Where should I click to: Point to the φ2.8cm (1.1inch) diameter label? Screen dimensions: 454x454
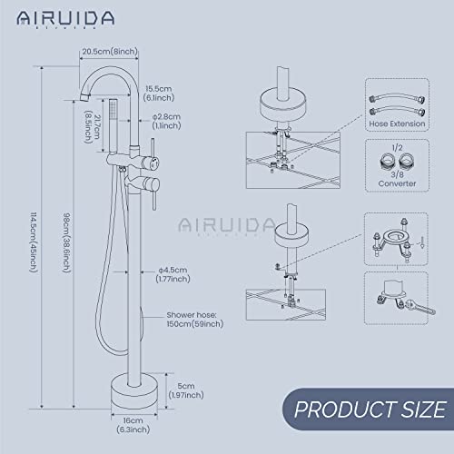tap(170, 122)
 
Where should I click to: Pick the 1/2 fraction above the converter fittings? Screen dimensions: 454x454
tap(396, 148)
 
